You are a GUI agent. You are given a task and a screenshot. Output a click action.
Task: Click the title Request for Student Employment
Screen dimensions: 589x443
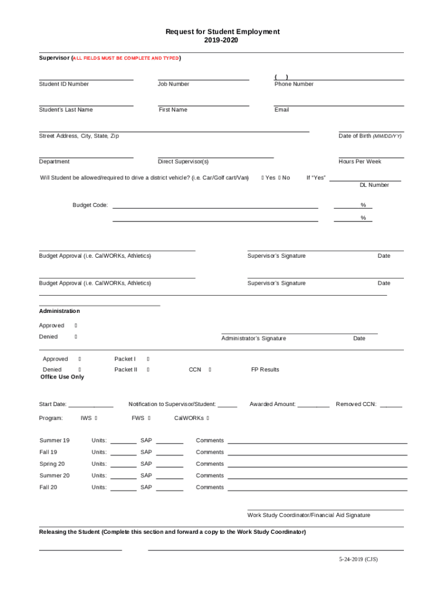(x=223, y=32)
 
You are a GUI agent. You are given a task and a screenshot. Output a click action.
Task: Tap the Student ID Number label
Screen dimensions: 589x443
(x=64, y=84)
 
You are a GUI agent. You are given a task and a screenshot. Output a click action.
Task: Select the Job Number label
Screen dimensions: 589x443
(x=173, y=84)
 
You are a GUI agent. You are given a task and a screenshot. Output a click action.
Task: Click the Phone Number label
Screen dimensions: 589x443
(x=294, y=84)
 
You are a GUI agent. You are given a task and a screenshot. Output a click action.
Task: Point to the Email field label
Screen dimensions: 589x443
(x=282, y=110)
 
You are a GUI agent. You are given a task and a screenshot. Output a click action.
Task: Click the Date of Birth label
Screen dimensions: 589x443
(x=370, y=136)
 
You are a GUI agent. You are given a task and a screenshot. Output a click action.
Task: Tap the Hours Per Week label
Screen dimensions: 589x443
(x=360, y=162)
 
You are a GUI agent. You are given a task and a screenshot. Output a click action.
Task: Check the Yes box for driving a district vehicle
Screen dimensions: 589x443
(x=262, y=178)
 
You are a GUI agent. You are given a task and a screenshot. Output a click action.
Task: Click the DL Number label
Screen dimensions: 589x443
(x=374, y=185)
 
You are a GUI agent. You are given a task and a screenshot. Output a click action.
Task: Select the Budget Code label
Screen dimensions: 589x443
(x=90, y=205)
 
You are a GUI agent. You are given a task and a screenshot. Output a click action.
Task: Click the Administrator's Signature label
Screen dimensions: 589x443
(x=253, y=338)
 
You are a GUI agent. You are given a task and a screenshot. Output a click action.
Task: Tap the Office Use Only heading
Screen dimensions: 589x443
(x=62, y=377)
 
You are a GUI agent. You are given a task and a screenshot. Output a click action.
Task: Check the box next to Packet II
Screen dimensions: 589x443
(x=148, y=370)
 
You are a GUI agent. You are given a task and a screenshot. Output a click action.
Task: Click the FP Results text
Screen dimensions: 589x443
(x=265, y=370)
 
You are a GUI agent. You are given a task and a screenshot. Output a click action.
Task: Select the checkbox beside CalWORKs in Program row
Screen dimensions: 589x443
(x=208, y=418)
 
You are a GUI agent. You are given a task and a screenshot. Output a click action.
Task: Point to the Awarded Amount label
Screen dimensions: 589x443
(x=272, y=404)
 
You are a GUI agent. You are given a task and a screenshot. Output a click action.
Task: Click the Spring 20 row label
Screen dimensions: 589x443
(x=52, y=464)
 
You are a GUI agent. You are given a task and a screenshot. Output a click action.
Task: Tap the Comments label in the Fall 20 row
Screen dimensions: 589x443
(x=209, y=487)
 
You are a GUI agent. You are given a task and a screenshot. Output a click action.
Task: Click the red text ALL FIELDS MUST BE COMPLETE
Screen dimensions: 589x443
(x=126, y=59)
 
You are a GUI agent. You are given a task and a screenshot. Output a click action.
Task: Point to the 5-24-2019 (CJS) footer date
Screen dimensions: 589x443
(x=358, y=559)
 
